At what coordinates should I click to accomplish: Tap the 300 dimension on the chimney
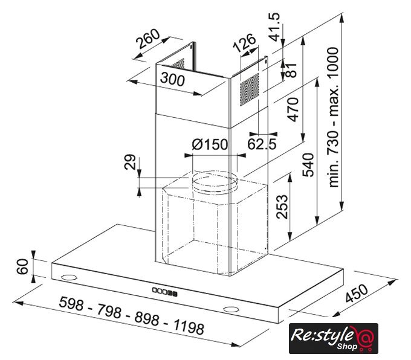(x=172, y=79)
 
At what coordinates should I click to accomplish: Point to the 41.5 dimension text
(x=274, y=27)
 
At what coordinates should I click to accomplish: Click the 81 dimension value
(x=291, y=70)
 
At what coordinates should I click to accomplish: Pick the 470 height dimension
(x=293, y=109)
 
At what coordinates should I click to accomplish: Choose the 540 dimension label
(x=308, y=165)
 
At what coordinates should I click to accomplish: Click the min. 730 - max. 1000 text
(x=334, y=117)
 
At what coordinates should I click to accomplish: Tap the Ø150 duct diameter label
(x=210, y=144)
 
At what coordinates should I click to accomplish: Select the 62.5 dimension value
(x=262, y=144)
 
